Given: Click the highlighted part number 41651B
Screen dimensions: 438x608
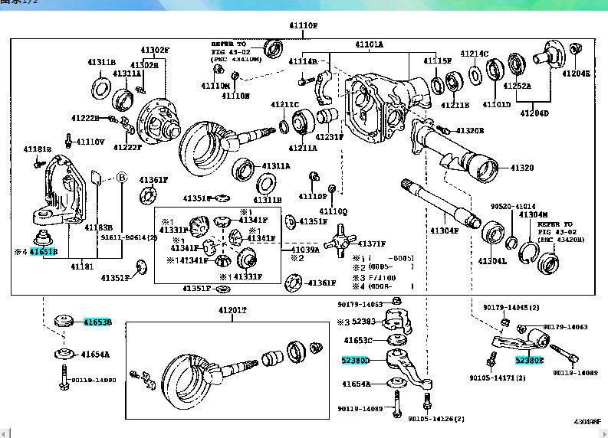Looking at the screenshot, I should (43, 252).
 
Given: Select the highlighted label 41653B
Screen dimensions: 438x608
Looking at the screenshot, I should (97, 322).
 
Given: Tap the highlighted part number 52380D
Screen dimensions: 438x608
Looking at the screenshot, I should (356, 360).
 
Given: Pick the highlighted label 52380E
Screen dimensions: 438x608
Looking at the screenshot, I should (528, 359).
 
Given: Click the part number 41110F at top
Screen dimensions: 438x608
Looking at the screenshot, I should (303, 25).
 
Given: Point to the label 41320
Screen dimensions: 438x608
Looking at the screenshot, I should (522, 168).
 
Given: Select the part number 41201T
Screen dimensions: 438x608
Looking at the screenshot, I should (232, 311).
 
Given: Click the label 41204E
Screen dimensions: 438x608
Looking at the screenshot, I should (577, 74).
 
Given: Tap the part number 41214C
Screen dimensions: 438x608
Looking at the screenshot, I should (474, 54).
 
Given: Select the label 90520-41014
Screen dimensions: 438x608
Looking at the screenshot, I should (514, 207).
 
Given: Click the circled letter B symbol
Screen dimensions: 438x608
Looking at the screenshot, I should (121, 176).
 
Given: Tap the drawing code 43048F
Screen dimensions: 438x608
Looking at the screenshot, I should (587, 421).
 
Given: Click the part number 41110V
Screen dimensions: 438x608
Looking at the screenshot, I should (90, 142).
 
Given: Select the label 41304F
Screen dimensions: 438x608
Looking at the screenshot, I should (444, 230).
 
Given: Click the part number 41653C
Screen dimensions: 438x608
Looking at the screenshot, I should (358, 339).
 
